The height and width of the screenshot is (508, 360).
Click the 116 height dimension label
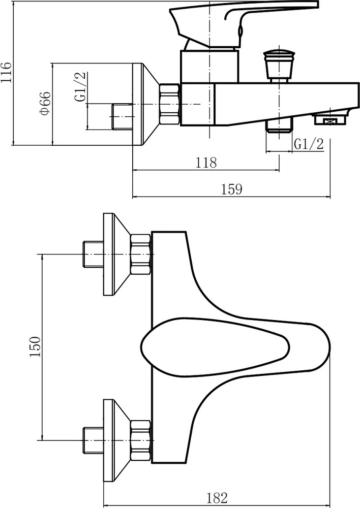point(7,72)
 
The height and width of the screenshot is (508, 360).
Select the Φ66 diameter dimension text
point(45,103)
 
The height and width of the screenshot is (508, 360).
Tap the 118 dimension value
point(206,162)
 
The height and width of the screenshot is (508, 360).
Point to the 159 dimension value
point(231,189)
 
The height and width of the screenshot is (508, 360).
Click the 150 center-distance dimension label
point(35,346)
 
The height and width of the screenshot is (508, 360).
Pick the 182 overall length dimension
point(217,497)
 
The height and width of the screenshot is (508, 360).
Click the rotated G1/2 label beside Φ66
point(80,86)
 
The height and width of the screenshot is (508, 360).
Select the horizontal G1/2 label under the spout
point(309,144)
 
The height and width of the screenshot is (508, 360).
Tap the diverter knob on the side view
point(278,66)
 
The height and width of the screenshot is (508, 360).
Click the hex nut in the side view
point(169,104)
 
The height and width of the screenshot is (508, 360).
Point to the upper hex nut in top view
point(141,255)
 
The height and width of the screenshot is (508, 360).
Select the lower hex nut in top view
point(141,441)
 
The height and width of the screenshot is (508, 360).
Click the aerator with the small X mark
point(330,120)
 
